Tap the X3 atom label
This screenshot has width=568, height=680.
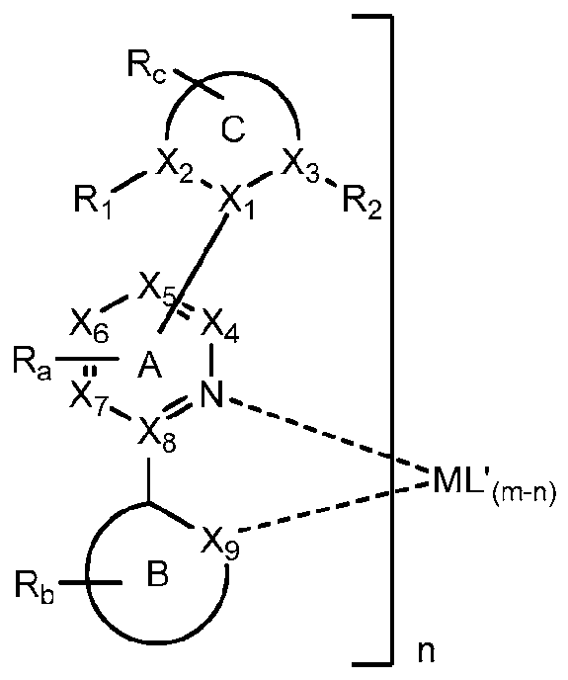[x=300, y=169]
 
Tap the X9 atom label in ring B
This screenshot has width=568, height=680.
[x=220, y=541]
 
